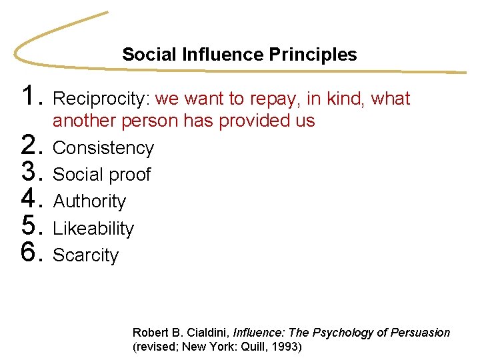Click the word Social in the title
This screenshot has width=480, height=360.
point(144,55)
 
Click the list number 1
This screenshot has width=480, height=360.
point(31,97)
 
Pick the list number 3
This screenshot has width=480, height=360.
point(31,173)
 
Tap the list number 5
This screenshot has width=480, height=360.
point(31,227)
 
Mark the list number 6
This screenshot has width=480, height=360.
point(31,253)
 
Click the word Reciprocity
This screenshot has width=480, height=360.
point(101,99)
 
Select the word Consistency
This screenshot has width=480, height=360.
point(103,148)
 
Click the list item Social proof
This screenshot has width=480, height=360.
point(102,175)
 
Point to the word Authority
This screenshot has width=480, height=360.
point(89,201)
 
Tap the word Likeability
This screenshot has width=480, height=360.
point(93,229)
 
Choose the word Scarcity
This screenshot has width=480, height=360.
point(85,255)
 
